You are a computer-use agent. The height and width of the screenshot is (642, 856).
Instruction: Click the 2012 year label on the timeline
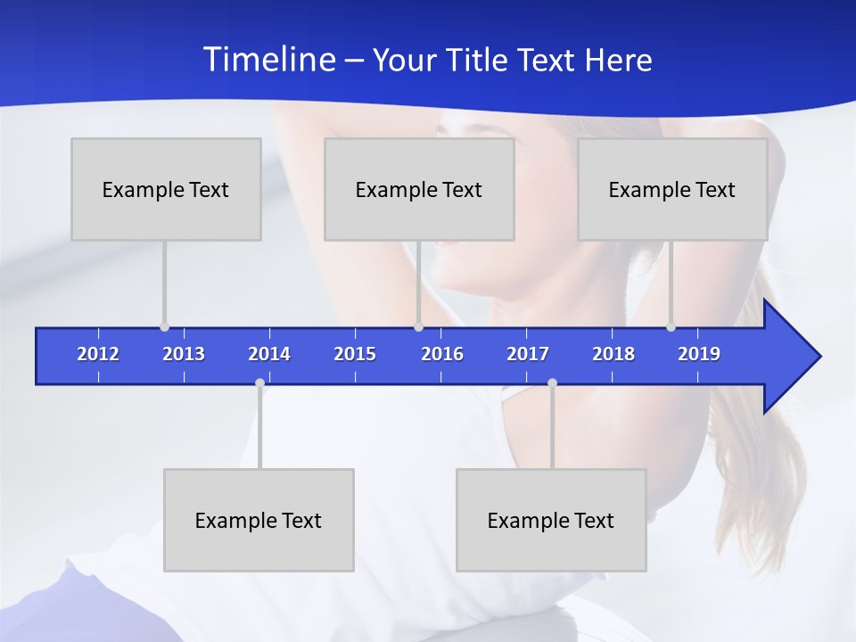coord(98,354)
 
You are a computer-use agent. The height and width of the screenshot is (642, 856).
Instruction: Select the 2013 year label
coord(184,354)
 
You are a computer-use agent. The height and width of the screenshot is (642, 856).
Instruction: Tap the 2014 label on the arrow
coord(269,354)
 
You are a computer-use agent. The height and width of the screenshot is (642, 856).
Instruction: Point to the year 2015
coord(355,354)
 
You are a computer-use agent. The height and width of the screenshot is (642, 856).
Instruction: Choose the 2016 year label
coord(442,354)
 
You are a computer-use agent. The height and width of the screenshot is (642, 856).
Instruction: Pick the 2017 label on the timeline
coord(528,354)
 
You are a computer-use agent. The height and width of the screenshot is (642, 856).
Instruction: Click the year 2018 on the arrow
coord(613,354)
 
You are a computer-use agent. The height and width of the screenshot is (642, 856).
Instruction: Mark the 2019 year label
coord(699,354)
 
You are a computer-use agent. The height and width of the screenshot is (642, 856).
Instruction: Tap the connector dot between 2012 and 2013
coord(164,327)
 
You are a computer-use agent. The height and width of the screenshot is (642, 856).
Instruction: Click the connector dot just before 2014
coord(259,383)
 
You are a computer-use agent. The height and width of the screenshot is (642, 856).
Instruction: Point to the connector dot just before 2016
coord(418,327)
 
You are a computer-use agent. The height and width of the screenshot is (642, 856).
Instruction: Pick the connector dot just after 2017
coord(552,383)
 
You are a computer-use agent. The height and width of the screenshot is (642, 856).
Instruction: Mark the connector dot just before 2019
coord(671,327)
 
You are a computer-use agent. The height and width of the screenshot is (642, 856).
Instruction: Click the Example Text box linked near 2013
coord(166,189)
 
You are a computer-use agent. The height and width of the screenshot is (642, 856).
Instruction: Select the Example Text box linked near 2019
coord(672,189)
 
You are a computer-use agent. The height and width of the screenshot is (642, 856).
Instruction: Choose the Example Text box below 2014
coord(259,520)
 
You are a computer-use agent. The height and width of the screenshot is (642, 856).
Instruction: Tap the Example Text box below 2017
coord(551,520)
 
